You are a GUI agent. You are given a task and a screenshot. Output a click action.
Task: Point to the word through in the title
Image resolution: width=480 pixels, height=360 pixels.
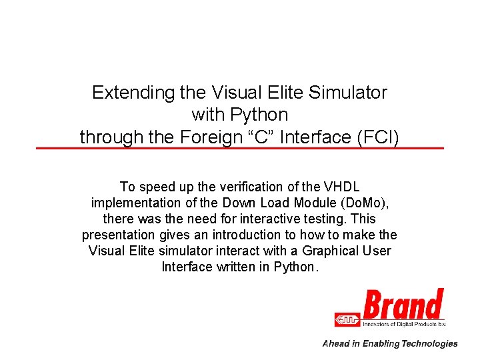(105, 137)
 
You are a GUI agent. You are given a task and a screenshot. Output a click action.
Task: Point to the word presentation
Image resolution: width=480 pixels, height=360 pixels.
(117, 235)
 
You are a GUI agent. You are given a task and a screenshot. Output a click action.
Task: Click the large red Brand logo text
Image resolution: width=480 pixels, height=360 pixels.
(403, 305)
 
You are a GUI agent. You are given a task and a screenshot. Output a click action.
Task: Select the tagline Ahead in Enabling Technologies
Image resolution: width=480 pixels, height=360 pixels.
(390, 343)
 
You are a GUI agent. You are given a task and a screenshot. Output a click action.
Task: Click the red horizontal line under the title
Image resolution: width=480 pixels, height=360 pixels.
(240, 148)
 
